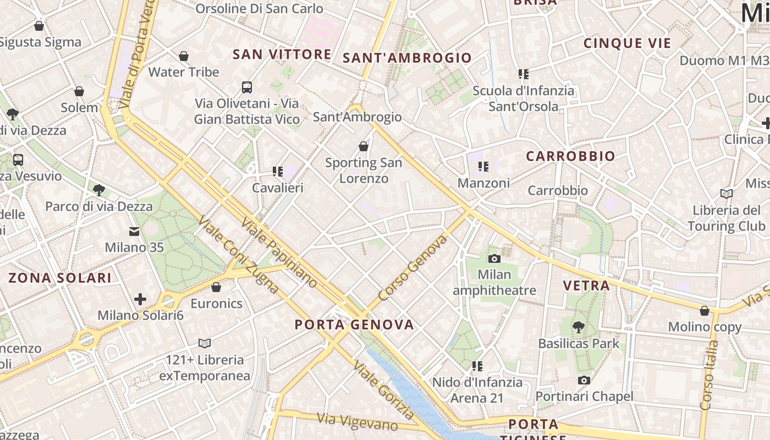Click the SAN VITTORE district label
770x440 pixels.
pos(282,54)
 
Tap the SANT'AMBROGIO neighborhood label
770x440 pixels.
pos(407,58)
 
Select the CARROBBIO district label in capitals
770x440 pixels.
pos(570,156)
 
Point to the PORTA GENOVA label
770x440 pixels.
pos(354,324)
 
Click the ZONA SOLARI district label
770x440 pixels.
pos(60,278)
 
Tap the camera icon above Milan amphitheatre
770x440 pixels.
pos(494,258)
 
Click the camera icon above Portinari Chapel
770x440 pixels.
pos(584,380)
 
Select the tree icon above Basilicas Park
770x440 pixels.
pos(578,327)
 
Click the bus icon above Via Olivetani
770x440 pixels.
pos(247,87)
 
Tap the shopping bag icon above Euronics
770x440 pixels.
pos(216,287)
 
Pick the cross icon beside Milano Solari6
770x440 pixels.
pos(140,299)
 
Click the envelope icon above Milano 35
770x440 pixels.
pos(134,231)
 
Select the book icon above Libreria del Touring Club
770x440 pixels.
pos(726,194)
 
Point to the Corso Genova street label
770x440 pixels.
pos(413,269)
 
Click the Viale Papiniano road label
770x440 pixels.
pos(279,252)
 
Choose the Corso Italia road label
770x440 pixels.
pos(710,375)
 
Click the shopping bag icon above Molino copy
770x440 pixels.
pos(705,311)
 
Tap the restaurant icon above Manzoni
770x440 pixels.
pos(483,166)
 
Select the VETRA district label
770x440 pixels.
pos(586,285)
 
